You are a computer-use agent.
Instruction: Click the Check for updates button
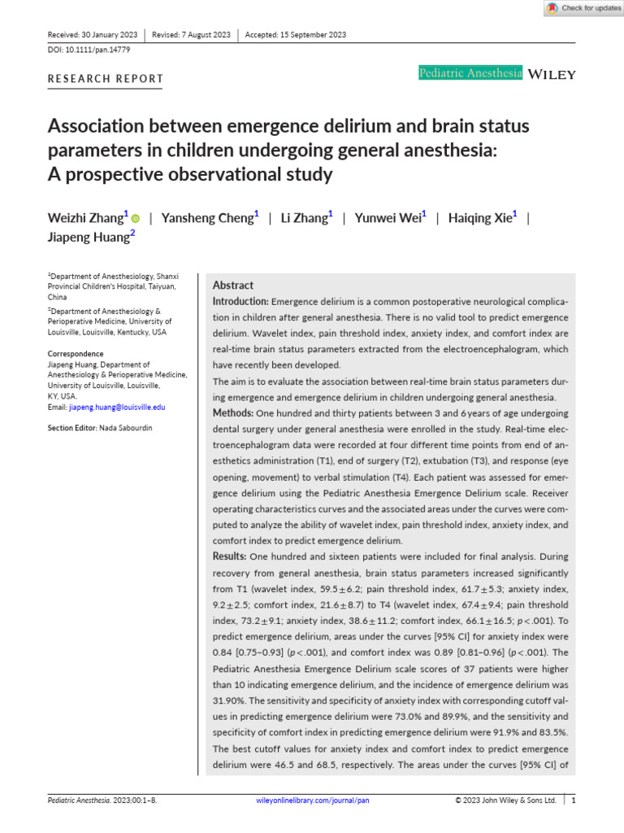point(583,8)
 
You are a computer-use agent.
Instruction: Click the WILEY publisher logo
point(552,74)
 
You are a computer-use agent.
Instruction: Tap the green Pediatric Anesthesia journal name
point(470,74)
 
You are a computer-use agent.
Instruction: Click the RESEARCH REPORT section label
point(106,79)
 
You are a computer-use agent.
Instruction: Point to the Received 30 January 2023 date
point(92,35)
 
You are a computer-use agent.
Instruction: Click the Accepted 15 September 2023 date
point(297,35)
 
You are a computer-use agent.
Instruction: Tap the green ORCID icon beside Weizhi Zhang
point(135,218)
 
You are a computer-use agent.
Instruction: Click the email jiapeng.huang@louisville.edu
point(117,407)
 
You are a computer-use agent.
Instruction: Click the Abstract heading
point(233,286)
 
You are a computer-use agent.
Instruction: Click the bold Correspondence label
point(76,354)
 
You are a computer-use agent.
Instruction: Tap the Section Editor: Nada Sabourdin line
point(99,428)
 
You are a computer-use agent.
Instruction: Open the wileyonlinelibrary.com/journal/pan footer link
point(312,800)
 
